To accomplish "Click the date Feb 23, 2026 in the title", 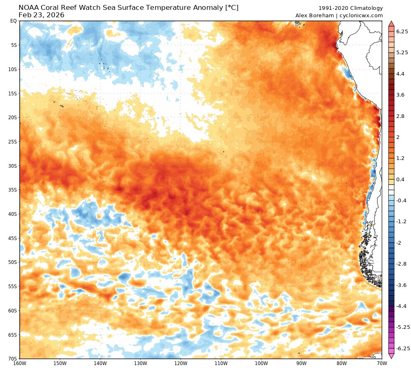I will coord(42,15).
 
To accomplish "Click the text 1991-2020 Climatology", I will coord(351,8).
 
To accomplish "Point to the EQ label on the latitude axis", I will coord(13,21).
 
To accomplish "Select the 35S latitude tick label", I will coord(12,190).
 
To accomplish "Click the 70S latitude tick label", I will coord(12,358).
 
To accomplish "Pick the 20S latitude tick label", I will coord(12,118).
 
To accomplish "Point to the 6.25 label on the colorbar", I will coord(402,31).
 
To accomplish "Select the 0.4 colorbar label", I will coord(400,179).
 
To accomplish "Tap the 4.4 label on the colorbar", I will coord(400,74).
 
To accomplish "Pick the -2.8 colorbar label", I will coord(402,264).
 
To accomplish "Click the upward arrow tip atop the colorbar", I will coord(391,22).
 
